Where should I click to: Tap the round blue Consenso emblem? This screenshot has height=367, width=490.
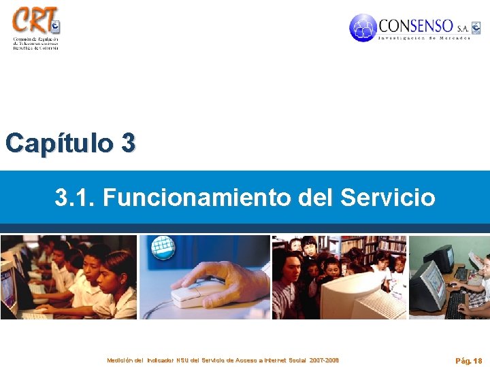363,28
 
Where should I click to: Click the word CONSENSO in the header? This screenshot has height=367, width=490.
415,27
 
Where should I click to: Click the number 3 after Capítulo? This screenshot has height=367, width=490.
128,143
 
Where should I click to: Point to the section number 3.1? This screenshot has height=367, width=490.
74,198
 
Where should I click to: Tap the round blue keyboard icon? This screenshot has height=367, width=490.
163,248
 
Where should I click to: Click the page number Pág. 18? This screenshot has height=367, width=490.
469,361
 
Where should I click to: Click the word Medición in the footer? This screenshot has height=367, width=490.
119,360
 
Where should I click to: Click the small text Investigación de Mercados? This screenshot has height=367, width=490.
424,38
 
